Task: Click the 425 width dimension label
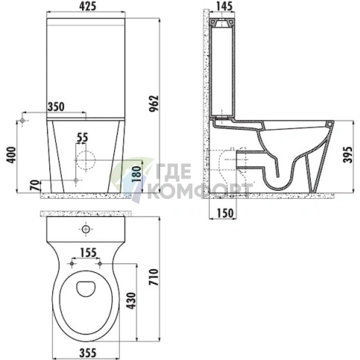(x=88, y=6)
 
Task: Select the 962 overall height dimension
(x=154, y=104)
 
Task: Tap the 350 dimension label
(x=56, y=107)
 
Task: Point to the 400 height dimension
(x=12, y=155)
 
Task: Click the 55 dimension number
(x=83, y=138)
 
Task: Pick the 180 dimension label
(x=136, y=174)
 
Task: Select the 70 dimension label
(x=36, y=185)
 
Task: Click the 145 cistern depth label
(x=224, y=6)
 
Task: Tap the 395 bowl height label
(x=348, y=155)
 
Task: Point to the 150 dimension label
(x=225, y=213)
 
